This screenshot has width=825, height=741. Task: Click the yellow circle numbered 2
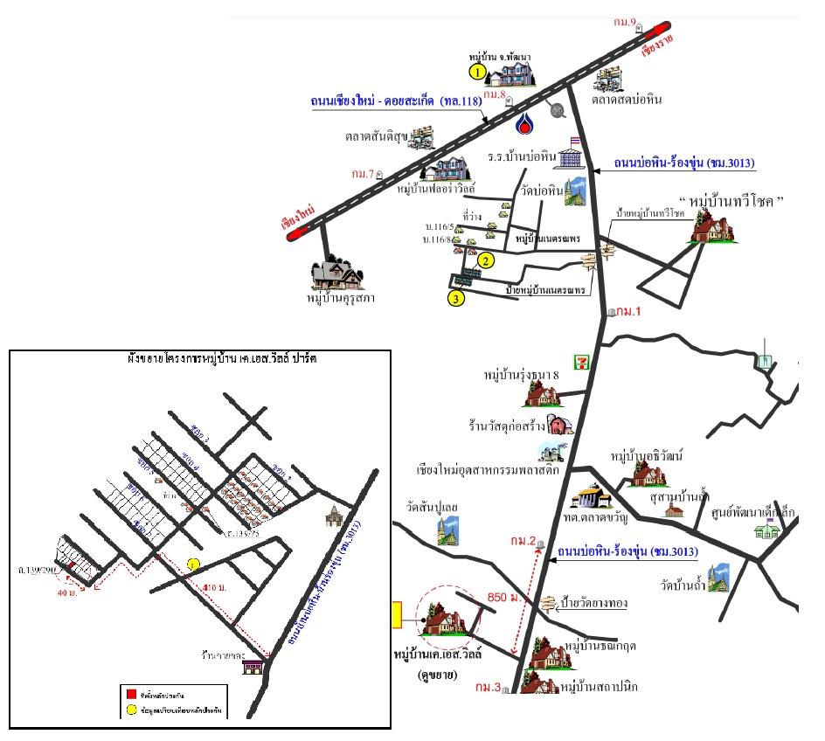pos(486,260)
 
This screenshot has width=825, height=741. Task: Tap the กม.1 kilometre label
pos(628,310)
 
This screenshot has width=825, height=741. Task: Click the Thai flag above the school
pos(575,141)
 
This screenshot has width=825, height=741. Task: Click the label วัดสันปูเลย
pos(426,506)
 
